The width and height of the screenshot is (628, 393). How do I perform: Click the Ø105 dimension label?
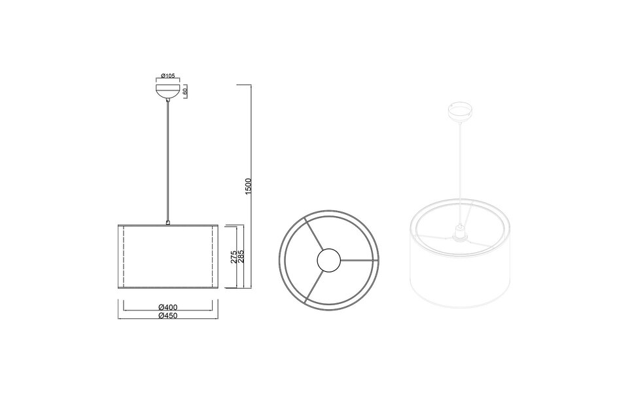click(169, 76)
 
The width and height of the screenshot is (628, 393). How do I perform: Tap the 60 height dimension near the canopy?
click(186, 92)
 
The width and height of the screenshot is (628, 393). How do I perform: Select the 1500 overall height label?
click(248, 187)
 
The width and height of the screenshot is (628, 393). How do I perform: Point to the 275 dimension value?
click(234, 257)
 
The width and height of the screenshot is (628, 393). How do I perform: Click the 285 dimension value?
click(241, 257)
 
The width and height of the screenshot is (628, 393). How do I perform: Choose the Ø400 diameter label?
click(168, 307)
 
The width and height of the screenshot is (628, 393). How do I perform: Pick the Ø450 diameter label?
click(168, 316)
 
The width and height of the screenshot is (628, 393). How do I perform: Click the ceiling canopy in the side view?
click(169, 91)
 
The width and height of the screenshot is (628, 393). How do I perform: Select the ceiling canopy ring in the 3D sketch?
click(460, 109)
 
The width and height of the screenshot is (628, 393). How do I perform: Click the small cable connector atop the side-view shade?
click(169, 223)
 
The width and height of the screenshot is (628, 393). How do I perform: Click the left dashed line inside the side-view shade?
click(123, 257)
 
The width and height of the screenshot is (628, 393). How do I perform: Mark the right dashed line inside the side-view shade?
click(214, 257)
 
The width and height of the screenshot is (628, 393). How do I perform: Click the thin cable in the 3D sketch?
click(461, 170)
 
